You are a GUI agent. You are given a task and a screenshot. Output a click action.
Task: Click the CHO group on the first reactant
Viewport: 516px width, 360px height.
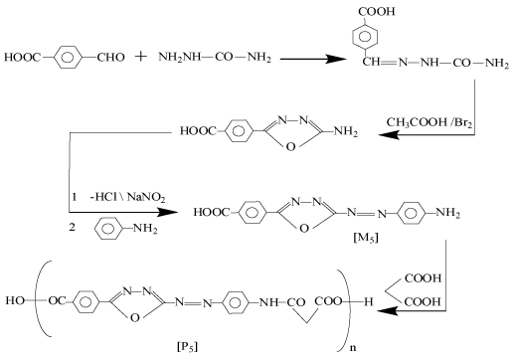pyautogui.click(x=112, y=56)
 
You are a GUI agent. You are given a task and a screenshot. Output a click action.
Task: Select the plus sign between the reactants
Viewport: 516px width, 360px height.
pyautogui.click(x=140, y=57)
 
